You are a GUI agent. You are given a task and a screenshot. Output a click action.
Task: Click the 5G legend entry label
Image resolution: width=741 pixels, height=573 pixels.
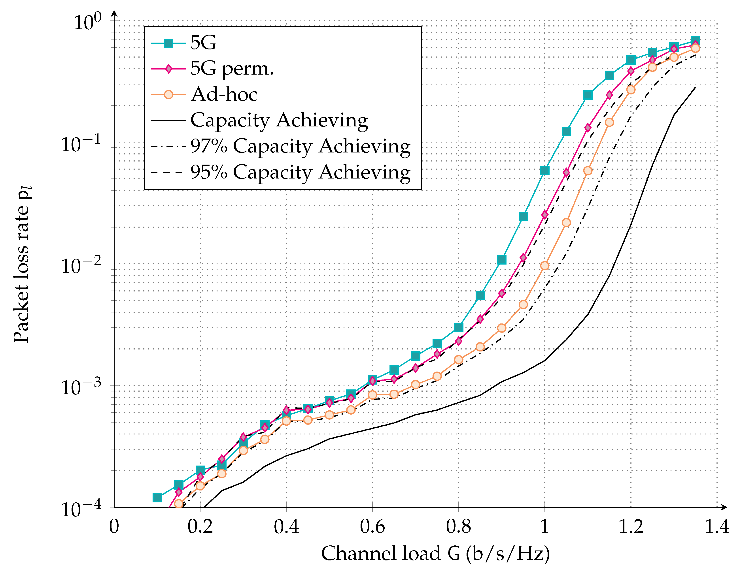pos(203,43)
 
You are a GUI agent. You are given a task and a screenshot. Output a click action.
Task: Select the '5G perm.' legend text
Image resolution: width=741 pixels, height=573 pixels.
pos(232,69)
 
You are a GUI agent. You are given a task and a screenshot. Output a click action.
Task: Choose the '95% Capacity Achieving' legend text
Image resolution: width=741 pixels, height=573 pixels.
pos(300,172)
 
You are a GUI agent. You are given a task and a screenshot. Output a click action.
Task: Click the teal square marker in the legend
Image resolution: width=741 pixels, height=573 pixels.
pos(169,43)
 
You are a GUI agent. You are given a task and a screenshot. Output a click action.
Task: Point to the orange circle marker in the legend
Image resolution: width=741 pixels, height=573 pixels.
pos(169,95)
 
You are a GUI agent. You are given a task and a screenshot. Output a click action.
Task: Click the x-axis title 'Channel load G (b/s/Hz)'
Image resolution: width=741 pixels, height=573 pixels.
pos(435,554)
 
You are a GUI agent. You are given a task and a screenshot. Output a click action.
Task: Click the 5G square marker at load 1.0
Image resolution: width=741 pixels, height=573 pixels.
pos(544,170)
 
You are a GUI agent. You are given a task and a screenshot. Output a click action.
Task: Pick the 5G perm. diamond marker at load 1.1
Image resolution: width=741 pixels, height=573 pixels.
pos(588,128)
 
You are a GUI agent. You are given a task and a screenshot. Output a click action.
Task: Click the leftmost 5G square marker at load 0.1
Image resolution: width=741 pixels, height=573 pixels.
pos(157,497)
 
